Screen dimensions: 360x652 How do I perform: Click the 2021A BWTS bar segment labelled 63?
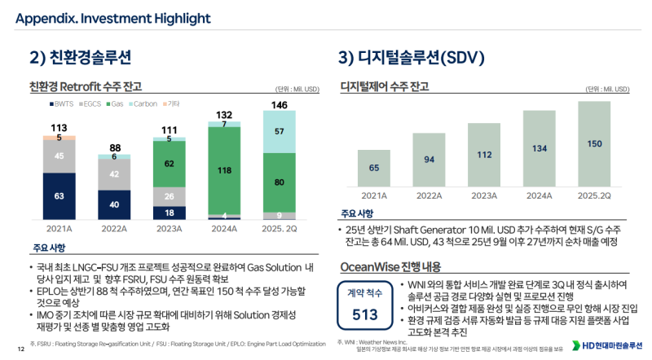point(59,195)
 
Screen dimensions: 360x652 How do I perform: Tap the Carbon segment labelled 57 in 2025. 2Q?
point(279,131)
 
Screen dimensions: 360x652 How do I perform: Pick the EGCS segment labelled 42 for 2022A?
point(114,173)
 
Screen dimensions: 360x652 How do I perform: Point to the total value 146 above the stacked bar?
point(279,105)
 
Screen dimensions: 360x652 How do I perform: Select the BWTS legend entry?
point(61,103)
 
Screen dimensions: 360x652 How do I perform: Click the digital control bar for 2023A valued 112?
point(484,155)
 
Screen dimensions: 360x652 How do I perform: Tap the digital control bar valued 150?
point(594,143)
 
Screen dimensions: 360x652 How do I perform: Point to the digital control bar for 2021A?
point(373,169)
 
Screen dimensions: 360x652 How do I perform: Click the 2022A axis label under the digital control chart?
point(429,195)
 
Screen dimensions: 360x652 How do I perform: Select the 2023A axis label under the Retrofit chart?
point(169,230)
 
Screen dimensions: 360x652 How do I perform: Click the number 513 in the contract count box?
point(365,314)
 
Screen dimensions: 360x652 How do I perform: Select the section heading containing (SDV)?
point(412,57)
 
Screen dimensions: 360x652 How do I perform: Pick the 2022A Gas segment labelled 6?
point(114,156)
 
